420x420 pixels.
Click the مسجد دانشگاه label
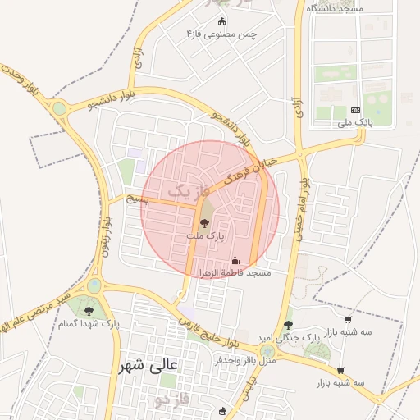pyautogui.click(x=336, y=7)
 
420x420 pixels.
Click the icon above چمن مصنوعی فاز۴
pyautogui.click(x=222, y=21)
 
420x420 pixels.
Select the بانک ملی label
pyautogui.click(x=355, y=123)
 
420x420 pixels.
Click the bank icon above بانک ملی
pyautogui.click(x=355, y=110)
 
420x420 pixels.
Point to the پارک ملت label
pyautogui.click(x=205, y=235)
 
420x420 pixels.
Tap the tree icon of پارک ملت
pyautogui.click(x=205, y=222)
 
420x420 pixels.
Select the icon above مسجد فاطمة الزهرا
pyautogui.click(x=235, y=260)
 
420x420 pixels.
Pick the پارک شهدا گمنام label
pyautogui.click(x=89, y=324)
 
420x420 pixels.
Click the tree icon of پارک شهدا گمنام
pyautogui.click(x=89, y=310)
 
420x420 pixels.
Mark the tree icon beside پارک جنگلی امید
pyautogui.click(x=288, y=325)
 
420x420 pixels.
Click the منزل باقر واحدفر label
pyautogui.click(x=245, y=359)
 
